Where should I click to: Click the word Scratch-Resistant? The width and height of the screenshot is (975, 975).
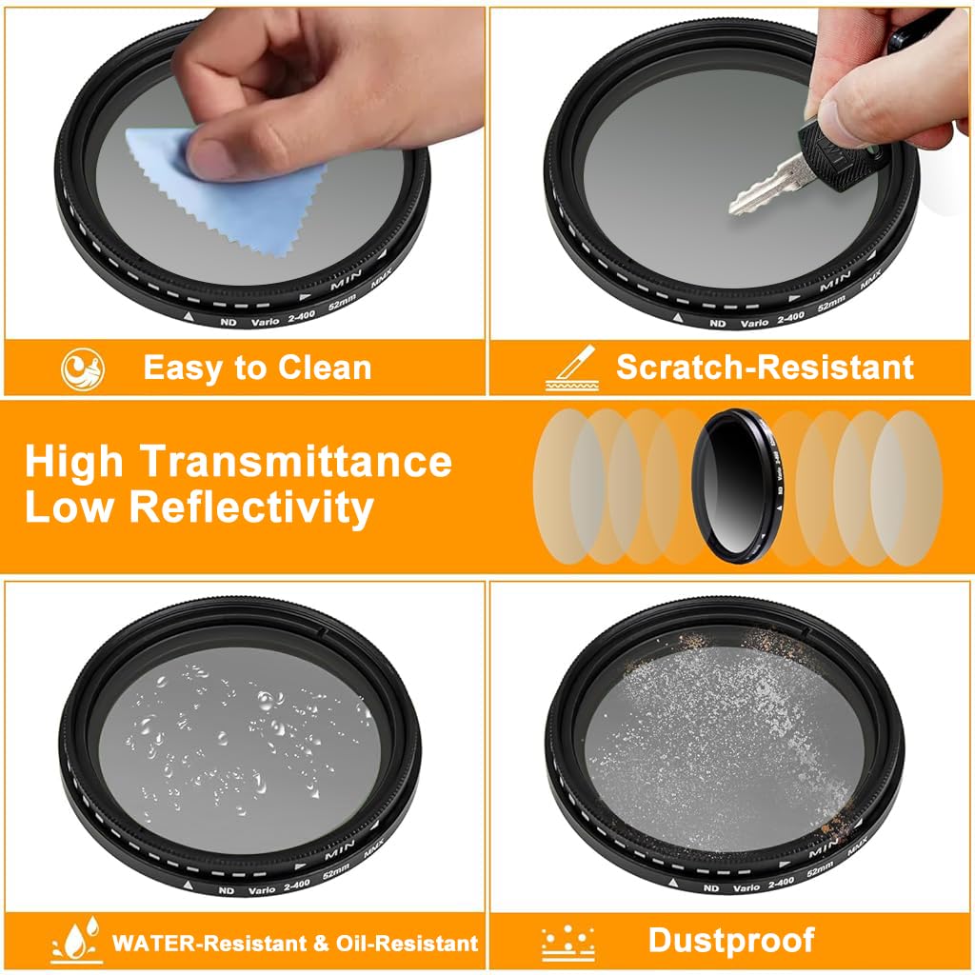(x=765, y=367)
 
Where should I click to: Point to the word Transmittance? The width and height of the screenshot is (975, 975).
(x=296, y=461)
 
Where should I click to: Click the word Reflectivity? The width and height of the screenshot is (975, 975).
(x=250, y=507)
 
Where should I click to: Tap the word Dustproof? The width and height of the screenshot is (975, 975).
(x=731, y=940)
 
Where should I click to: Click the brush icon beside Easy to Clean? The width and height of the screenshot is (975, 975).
(x=82, y=368)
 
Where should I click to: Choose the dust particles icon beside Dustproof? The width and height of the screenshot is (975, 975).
(x=568, y=943)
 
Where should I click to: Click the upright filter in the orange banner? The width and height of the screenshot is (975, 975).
(x=733, y=486)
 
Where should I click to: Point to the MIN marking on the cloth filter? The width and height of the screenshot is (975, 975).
(x=345, y=283)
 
